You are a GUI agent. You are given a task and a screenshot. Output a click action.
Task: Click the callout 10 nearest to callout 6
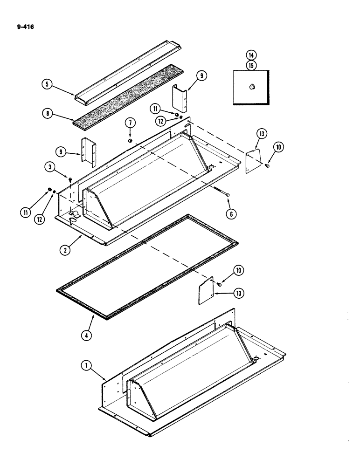[227, 270]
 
